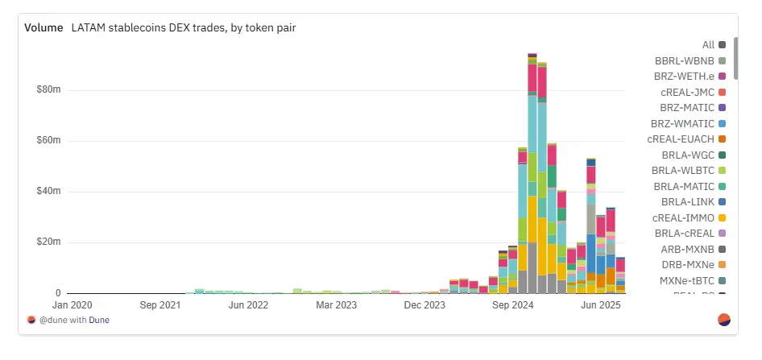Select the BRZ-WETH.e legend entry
690,76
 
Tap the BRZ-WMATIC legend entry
688,123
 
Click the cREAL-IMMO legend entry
689,217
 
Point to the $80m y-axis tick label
48,90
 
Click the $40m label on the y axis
48,192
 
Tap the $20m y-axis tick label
48,242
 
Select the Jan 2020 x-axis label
72,305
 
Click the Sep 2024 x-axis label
512,305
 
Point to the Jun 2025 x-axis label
600,305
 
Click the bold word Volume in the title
43,27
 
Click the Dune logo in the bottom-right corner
723,320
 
